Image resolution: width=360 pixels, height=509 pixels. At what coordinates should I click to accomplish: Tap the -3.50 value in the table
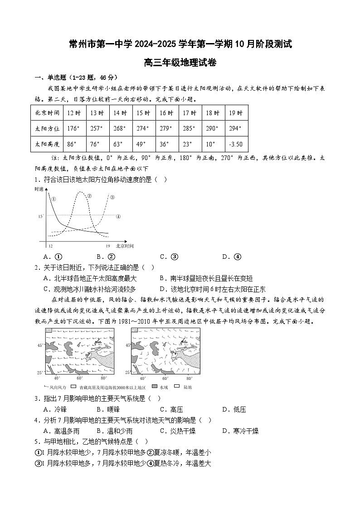[236, 144]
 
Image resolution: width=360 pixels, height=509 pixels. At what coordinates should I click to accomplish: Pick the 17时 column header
[190, 113]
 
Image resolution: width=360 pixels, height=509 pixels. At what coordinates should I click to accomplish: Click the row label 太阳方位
[47, 129]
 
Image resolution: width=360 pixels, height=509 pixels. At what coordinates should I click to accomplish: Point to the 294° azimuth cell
[236, 129]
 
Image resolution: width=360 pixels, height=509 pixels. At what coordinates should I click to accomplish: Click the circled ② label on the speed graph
[89, 196]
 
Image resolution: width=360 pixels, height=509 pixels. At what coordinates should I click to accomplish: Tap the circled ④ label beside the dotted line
[118, 217]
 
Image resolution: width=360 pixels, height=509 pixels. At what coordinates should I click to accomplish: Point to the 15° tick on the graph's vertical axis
[41, 217]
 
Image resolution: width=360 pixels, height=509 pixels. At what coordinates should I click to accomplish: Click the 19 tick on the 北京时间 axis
[108, 246]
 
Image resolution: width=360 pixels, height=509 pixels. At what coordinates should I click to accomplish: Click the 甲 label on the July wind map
[173, 351]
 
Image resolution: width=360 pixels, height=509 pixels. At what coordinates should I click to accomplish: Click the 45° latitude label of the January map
[40, 345]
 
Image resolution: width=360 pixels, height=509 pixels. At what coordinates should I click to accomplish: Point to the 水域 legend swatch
[155, 387]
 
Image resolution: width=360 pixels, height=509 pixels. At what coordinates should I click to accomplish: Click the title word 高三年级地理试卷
[180, 63]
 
